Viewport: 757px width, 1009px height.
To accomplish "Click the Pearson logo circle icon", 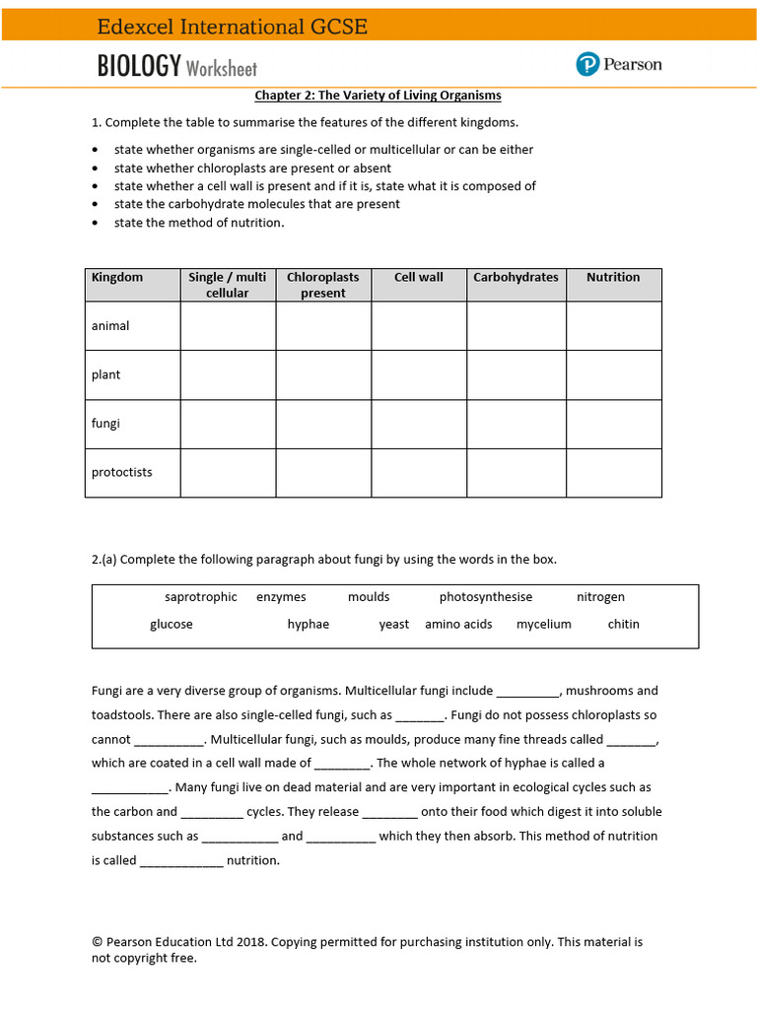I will coord(587,65).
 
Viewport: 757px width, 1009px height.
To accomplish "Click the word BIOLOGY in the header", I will coord(139,66).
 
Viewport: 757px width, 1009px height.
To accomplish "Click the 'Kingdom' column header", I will coord(117,278).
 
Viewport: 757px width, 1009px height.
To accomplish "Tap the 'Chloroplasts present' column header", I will coord(323,285).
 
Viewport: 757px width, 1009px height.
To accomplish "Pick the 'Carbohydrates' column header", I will coord(516,278).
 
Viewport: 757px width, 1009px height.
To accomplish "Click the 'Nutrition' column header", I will coord(613,278).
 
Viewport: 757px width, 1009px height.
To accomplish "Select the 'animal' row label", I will coord(110,326).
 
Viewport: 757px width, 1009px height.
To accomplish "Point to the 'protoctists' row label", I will coord(122,473).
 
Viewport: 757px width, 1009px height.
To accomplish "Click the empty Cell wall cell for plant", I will coord(419,374).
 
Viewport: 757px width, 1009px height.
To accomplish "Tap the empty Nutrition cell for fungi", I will coord(613,424).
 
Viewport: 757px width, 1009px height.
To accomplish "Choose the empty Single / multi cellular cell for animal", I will coord(228,326).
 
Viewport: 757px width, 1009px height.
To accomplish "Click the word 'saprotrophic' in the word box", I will coord(201,597).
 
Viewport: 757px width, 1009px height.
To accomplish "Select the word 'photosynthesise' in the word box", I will coord(486,597).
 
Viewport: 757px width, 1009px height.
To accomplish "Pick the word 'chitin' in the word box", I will coord(623,625).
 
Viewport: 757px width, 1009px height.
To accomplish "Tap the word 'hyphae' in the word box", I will coord(309,625).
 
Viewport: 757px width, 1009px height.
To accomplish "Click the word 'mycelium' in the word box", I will coord(544,625).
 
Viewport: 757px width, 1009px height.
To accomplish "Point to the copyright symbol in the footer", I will coord(97,942).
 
